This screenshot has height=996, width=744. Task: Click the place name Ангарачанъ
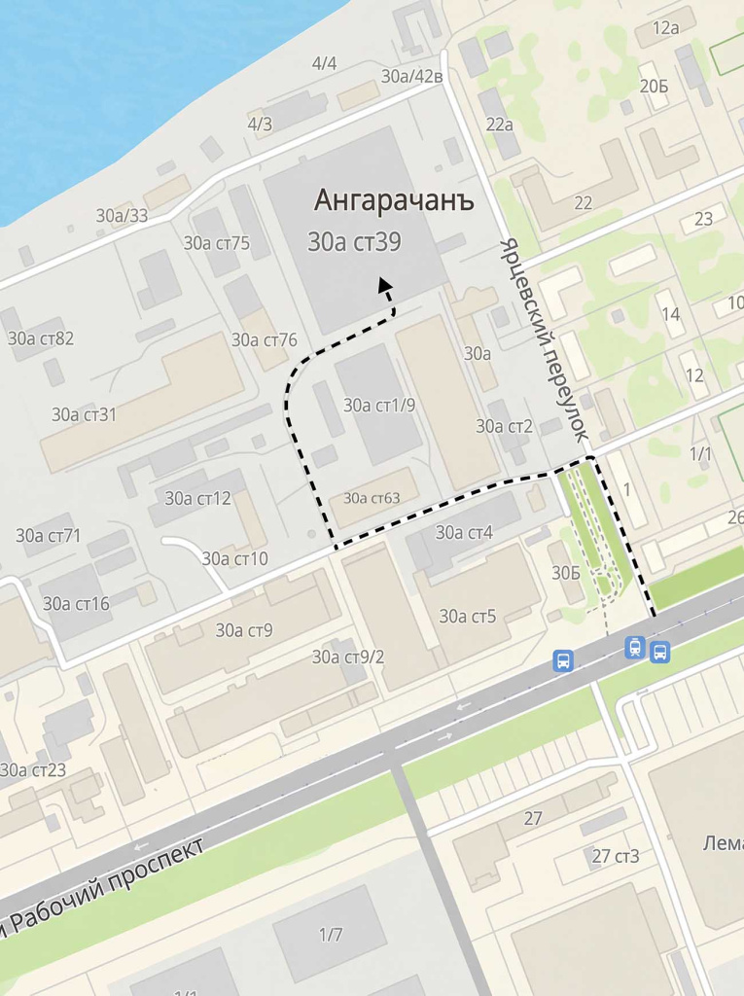394,200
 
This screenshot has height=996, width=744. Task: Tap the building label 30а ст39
354,243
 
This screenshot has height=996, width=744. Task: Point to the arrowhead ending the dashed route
385,284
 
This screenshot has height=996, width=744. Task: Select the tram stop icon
635,647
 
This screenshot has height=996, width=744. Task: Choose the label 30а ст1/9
379,405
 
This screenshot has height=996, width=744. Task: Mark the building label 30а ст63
372,499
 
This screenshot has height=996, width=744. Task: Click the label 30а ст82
41,338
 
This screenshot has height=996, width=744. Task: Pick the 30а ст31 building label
84,414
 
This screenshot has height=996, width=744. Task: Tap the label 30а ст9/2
348,657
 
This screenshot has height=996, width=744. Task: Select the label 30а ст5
468,616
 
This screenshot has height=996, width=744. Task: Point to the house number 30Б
566,573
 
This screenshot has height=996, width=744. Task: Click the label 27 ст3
616,856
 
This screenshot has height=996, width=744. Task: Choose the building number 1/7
331,935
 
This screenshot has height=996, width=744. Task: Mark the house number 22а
499,124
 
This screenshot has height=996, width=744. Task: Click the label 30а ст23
33,769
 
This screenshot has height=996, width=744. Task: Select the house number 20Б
654,87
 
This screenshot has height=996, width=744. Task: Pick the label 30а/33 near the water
122,216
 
